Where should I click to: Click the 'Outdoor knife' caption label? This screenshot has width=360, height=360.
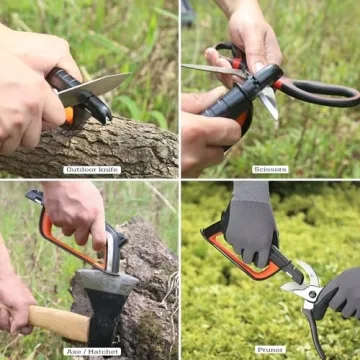pos(92,169)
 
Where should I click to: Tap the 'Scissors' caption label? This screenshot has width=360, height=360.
pos(270,169)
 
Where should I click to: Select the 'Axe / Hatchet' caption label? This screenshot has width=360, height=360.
pos(91,350)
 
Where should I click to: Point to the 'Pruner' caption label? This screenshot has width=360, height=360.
pos(270,349)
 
